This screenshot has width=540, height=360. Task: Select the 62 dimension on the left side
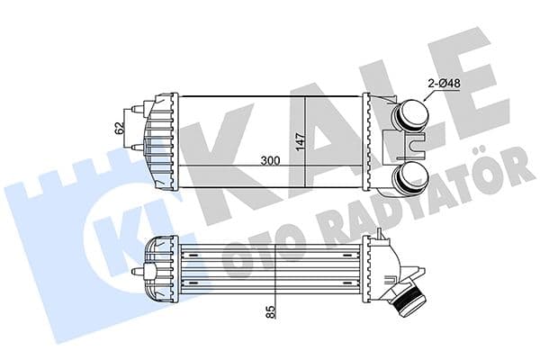click(117, 127)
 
